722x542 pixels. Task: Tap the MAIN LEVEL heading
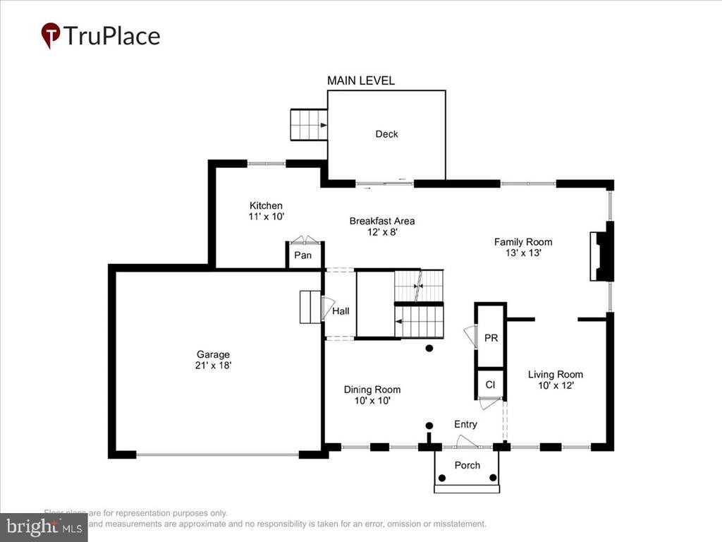coord(360,81)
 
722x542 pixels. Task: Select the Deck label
coord(386,134)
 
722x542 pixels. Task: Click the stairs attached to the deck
coord(309,125)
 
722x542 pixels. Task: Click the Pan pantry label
coord(302,255)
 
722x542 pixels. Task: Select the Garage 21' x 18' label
coord(213,360)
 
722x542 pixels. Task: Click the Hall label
coord(341,311)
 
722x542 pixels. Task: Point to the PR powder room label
coord(491,338)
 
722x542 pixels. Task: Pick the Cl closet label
coord(490,385)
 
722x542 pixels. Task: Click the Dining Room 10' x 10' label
coord(372,395)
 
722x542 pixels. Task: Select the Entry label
coord(465,424)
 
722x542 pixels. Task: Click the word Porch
coord(467,465)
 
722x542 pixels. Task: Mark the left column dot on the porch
coord(442,478)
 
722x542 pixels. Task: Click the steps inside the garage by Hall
coord(310,307)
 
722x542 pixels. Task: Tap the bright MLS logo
coord(43,526)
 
